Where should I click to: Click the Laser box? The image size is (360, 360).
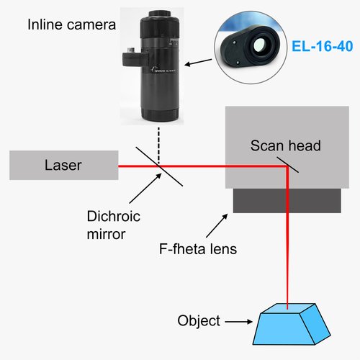tap(64, 165)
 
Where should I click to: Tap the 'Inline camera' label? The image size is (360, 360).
tap(71, 24)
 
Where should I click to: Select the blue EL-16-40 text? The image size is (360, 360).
tap(323, 46)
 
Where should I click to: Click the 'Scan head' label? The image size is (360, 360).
tap(286, 145)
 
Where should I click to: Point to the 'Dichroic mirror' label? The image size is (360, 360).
tap(114, 225)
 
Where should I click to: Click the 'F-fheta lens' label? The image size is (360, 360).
tap(198, 249)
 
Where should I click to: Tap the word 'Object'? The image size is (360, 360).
tap(199, 320)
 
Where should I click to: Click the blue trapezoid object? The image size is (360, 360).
tap(292, 325)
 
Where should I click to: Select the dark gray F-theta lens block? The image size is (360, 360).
tap(287, 201)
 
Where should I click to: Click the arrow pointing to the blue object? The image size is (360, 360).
tap(239, 321)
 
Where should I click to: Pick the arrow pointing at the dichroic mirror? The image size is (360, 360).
tap(145, 188)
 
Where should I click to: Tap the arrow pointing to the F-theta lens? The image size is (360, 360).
tap(217, 225)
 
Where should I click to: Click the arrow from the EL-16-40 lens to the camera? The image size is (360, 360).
tap(198, 63)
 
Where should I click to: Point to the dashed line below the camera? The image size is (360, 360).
tap(158, 145)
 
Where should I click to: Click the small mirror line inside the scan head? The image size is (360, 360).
tap(288, 165)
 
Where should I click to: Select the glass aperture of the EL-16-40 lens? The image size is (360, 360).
tap(259, 45)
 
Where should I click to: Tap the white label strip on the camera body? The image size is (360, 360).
tap(164, 70)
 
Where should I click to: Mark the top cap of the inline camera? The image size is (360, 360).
tap(159, 13)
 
